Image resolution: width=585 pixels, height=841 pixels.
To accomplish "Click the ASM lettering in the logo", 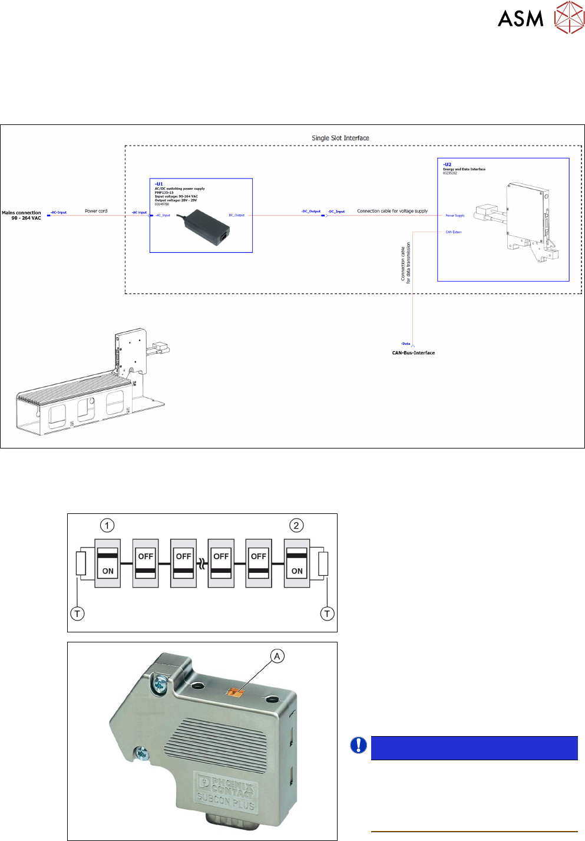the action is pos(520,19).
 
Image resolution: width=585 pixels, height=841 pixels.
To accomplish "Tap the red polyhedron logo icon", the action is pos(569,18).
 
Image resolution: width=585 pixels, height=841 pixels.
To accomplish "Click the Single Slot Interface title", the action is pos(341,138).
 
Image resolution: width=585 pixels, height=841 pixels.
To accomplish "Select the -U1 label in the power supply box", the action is pos(159,184).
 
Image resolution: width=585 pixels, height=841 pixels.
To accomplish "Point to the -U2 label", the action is pos(447,164).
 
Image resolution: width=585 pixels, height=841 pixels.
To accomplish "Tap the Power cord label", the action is pos(96,211).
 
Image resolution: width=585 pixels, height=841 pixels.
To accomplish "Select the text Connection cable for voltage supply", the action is pos(392,211).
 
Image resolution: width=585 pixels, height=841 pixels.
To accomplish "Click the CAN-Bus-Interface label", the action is pos(414,353).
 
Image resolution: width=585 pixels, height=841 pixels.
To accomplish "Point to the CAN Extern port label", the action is pos(454,232).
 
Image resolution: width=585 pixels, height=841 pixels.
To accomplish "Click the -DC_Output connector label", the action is pos(311,211).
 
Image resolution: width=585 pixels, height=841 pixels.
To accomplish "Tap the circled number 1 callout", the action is pos(107,525).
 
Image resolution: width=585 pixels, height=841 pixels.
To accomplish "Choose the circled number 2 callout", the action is pos(296,525).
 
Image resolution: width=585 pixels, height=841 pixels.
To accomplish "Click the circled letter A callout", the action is pos(277,656).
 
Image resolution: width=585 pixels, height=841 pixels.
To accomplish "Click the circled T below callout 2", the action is pos(327,614).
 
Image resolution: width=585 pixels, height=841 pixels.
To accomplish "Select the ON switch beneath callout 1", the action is pos(108,563).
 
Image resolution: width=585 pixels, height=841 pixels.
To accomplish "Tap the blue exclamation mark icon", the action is pos(358,746).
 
